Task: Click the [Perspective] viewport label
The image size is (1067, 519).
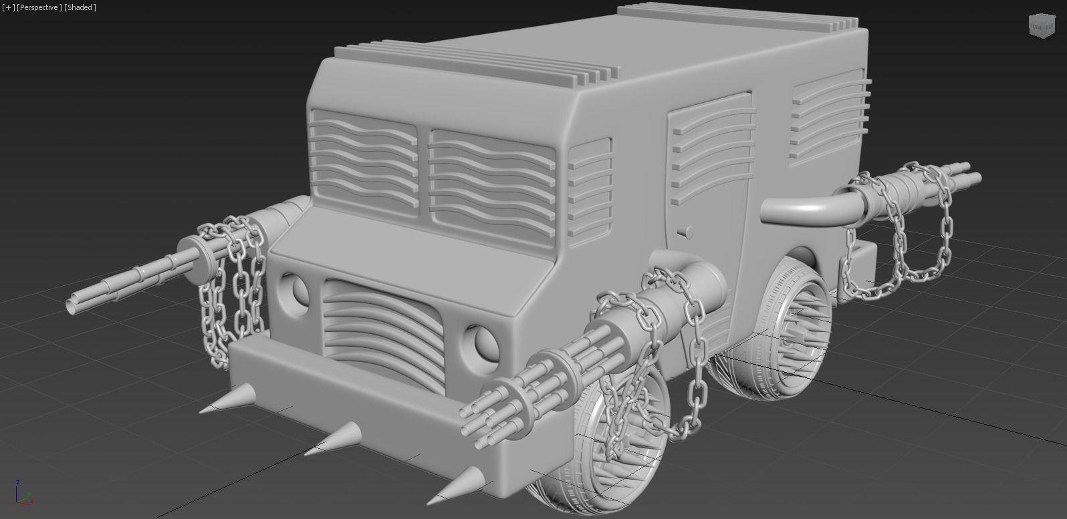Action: coord(39,7)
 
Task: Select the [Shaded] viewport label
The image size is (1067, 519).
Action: coord(80,7)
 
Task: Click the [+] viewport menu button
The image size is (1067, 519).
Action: coord(8,7)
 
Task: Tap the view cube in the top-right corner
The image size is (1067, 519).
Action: coord(1040,25)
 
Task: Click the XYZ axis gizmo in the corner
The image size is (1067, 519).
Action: coord(23,494)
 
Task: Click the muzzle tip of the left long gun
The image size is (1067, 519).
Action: coord(72,306)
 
